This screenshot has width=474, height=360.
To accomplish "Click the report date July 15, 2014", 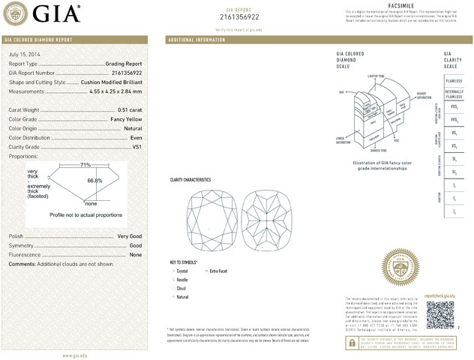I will point(24,55).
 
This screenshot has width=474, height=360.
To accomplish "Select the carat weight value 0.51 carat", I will point(128,109).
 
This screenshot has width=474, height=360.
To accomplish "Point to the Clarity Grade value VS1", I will point(136,147).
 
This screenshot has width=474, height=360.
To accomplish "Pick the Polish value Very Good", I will point(130,236).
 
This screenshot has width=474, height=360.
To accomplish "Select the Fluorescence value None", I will point(136,255).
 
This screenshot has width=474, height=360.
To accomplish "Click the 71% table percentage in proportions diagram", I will point(85,164).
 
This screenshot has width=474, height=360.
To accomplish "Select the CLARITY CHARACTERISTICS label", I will point(190,180).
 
